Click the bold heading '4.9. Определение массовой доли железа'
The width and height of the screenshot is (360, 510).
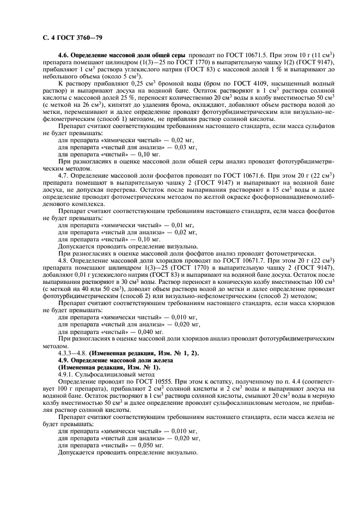[115, 360]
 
